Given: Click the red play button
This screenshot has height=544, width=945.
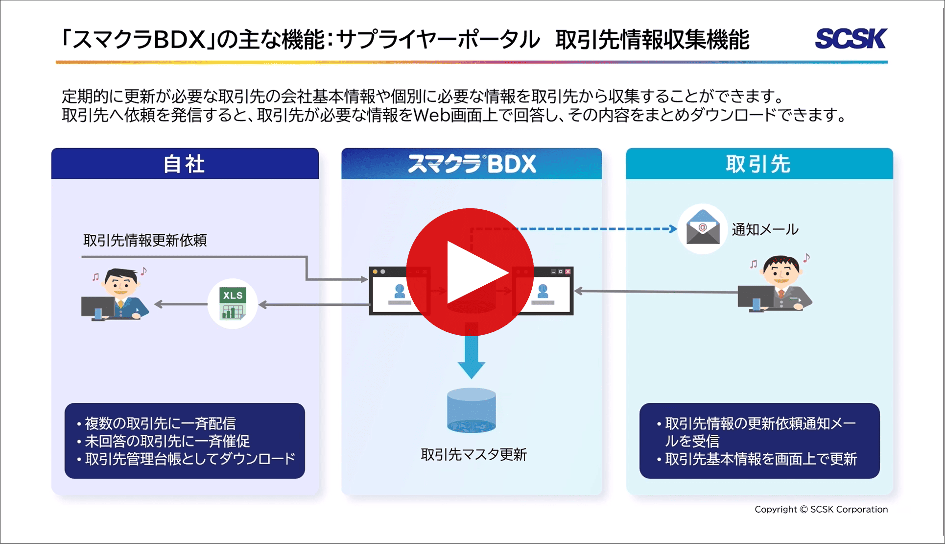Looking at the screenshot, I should click(470, 272).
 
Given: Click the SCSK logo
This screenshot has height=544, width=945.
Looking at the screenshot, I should click(851, 39).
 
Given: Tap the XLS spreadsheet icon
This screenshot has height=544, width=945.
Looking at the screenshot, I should click(233, 304).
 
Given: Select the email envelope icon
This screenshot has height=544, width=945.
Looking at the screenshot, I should click(703, 229).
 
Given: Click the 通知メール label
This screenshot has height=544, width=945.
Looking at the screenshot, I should click(765, 229).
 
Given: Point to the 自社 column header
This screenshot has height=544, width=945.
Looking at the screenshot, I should click(185, 164).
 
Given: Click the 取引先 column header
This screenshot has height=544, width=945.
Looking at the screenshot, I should click(759, 164).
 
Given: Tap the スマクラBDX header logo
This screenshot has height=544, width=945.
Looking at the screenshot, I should click(472, 164).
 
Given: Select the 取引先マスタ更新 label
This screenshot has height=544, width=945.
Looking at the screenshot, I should click(473, 454).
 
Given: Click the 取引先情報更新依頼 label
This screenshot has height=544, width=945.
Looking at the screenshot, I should click(145, 240).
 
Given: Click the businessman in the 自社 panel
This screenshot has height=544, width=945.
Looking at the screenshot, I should click(118, 294).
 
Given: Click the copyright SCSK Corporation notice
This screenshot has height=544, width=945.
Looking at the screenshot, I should click(821, 509).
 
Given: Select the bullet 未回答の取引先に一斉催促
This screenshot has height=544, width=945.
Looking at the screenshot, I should click(166, 441).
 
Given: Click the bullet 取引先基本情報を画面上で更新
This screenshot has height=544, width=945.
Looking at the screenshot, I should click(760, 459).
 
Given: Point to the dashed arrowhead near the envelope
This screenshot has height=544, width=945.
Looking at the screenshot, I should click(673, 228).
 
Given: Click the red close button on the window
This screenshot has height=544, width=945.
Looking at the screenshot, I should click(568, 272).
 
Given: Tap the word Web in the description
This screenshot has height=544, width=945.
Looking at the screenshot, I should click(431, 115).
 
